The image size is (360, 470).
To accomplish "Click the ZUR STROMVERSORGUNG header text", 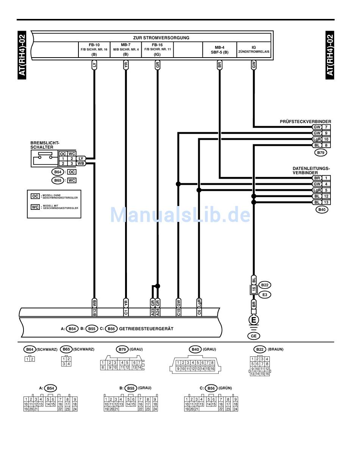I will [161, 38].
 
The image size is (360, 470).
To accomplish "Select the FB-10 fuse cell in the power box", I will [94, 50].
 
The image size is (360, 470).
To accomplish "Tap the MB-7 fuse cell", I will [126, 50].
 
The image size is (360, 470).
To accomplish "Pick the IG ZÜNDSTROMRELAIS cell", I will [254, 50].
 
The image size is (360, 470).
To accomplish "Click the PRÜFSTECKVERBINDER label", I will [305, 122].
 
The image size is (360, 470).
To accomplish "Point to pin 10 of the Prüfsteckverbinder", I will [326, 139].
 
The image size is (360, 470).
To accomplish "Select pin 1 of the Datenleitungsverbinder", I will [326, 178].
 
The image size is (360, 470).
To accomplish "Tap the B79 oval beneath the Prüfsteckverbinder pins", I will [321, 153].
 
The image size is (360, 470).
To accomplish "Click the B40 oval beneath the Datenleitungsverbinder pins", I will [322, 209].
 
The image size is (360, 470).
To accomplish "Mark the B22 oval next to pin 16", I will [265, 285].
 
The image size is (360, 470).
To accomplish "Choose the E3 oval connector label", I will [265, 294].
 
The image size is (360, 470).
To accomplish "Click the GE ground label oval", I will [254, 336].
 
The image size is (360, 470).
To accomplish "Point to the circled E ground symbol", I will [254, 320].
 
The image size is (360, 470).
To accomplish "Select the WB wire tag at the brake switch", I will [81, 163].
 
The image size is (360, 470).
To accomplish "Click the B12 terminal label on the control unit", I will [94, 312].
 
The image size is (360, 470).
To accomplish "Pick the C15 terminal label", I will [178, 312].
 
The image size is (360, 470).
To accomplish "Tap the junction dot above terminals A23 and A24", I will [158, 286].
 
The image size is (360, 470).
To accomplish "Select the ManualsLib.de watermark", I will [180, 215].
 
